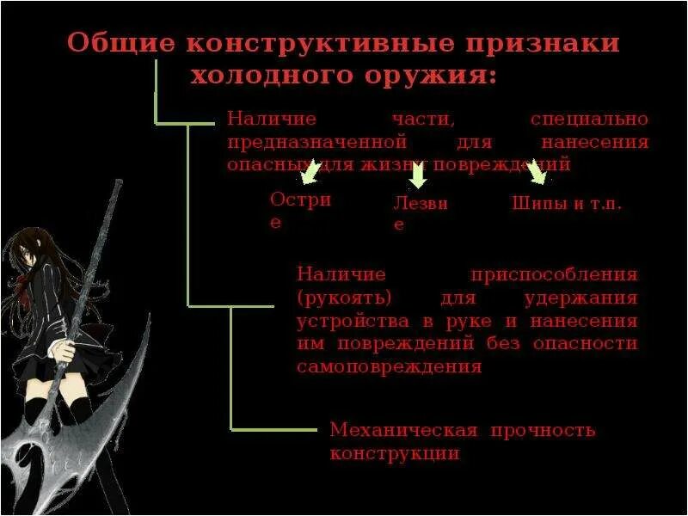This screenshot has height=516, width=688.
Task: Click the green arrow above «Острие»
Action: click(x=310, y=175)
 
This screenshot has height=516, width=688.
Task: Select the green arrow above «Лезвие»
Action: click(x=418, y=176)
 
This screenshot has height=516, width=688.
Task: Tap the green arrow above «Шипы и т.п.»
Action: click(x=537, y=174)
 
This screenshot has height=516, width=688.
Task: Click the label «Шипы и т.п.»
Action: click(x=567, y=205)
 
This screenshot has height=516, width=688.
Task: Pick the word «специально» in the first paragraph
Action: click(x=589, y=119)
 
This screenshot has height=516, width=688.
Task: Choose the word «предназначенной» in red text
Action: click(x=316, y=140)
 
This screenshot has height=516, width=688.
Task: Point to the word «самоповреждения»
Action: click(x=389, y=366)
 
